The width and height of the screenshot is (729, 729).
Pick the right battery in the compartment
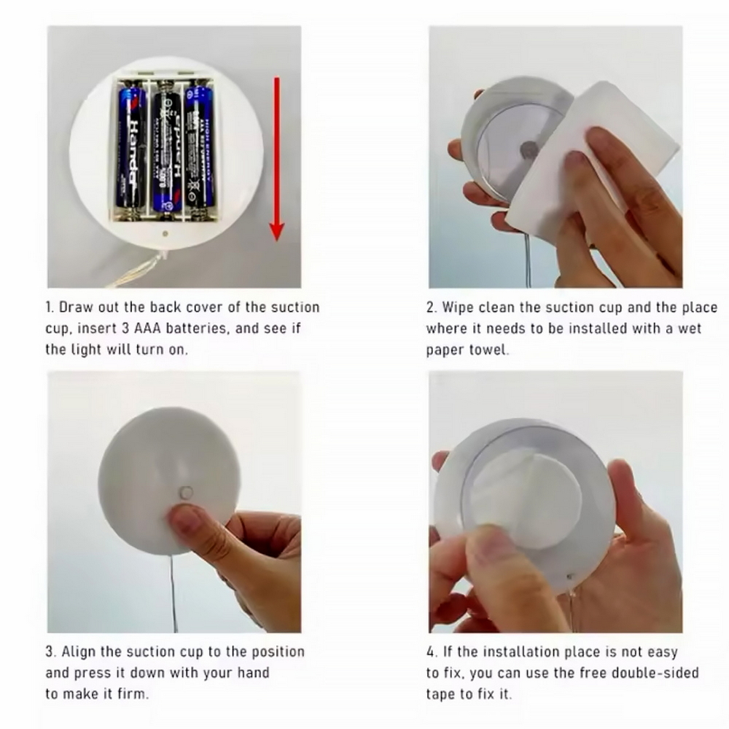pyautogui.click(x=199, y=149)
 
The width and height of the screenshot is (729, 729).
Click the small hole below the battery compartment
pyautogui.click(x=165, y=235)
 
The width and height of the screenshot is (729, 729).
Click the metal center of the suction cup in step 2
pyautogui.click(x=530, y=150)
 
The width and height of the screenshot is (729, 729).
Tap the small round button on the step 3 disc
pyautogui.click(x=187, y=493)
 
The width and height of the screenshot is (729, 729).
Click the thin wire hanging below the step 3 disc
pyautogui.click(x=174, y=590)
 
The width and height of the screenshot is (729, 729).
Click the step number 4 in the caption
pyautogui.click(x=431, y=651)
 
